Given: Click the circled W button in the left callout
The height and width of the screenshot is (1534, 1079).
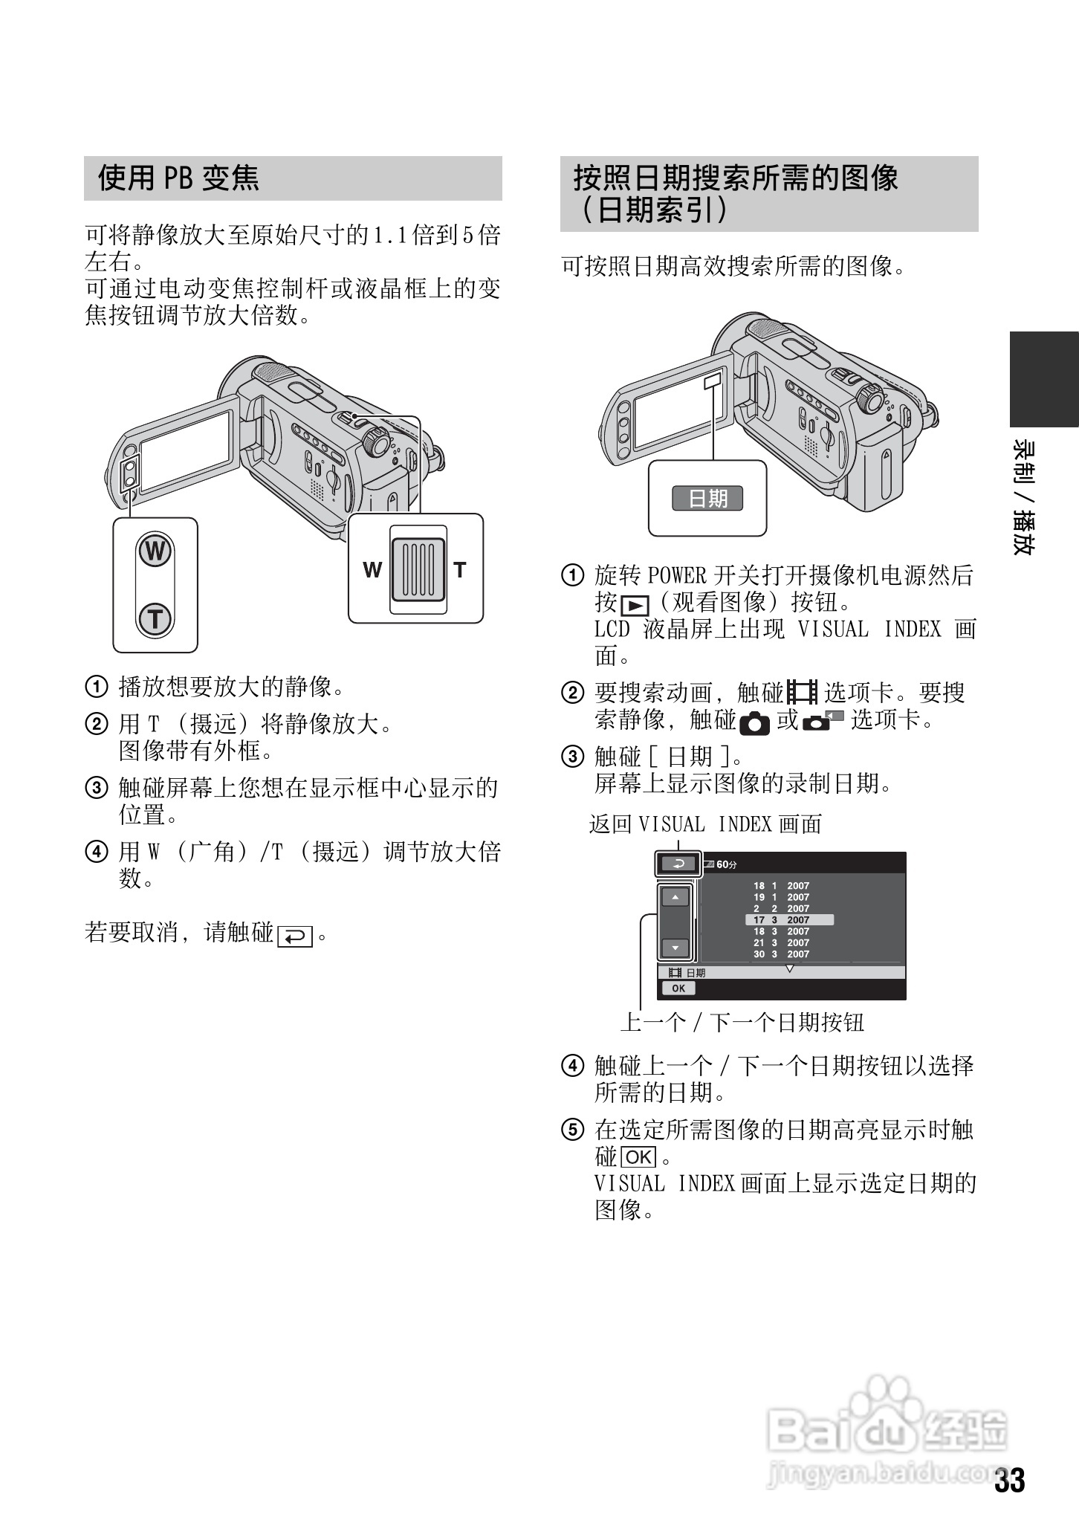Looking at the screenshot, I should [x=155, y=552].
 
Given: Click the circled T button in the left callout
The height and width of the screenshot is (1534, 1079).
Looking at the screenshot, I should [x=155, y=619].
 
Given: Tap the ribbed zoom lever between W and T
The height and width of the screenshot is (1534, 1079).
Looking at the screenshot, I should [x=418, y=570].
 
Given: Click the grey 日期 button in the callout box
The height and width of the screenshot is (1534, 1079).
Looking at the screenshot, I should [x=707, y=498].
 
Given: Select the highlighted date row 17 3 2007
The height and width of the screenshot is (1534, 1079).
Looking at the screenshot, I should [x=788, y=920].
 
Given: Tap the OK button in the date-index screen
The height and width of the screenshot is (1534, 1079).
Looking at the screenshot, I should [x=678, y=988].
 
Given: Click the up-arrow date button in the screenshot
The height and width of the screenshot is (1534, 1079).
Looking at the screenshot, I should [x=675, y=898].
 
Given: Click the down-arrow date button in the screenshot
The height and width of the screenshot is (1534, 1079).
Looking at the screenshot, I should [x=675, y=948].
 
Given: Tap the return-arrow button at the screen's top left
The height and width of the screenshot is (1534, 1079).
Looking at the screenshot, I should [x=677, y=864].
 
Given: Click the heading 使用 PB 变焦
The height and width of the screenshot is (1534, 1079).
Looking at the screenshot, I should [x=178, y=178].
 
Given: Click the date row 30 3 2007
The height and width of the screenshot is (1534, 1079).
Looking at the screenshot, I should [x=780, y=954].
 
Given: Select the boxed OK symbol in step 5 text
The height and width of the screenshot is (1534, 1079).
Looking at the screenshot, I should [x=638, y=1157].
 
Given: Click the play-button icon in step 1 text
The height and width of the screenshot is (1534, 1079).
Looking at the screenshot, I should [x=635, y=606].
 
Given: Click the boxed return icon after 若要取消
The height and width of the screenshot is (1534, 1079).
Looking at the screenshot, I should [x=295, y=936].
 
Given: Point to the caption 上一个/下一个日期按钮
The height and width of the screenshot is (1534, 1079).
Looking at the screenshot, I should [x=742, y=1023].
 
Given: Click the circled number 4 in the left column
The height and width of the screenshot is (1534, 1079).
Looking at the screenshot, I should [x=97, y=852].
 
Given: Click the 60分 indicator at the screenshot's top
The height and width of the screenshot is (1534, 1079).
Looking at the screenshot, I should [x=726, y=865].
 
